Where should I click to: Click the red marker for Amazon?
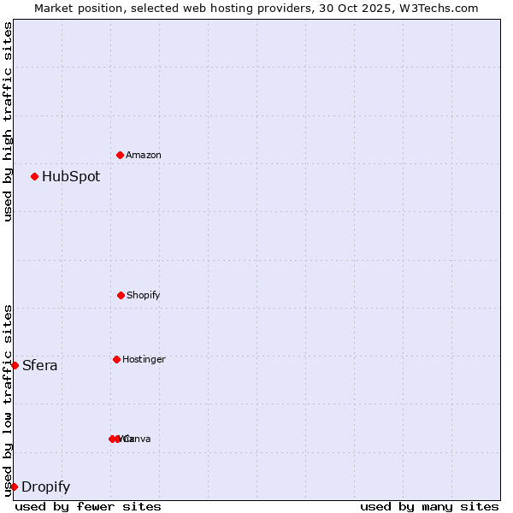[x=120, y=155]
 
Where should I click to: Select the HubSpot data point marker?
[x=34, y=176]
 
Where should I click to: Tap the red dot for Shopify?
[x=121, y=295]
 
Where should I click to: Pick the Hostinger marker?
[x=116, y=359]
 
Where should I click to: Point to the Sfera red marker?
[x=15, y=365]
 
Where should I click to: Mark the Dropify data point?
[x=14, y=486]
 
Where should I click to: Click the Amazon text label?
[x=144, y=155]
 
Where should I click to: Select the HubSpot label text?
[x=71, y=177]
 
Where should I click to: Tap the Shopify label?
[x=144, y=295]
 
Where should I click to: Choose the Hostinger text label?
[x=144, y=359]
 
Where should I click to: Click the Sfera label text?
[x=40, y=366]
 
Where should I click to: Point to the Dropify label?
[x=46, y=487]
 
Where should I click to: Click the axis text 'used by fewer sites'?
[x=88, y=506]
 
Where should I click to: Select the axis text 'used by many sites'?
[x=429, y=506]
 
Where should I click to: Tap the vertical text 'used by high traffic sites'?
[x=8, y=121]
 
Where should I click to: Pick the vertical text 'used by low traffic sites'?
[x=8, y=400]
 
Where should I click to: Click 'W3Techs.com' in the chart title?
[x=442, y=8]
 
